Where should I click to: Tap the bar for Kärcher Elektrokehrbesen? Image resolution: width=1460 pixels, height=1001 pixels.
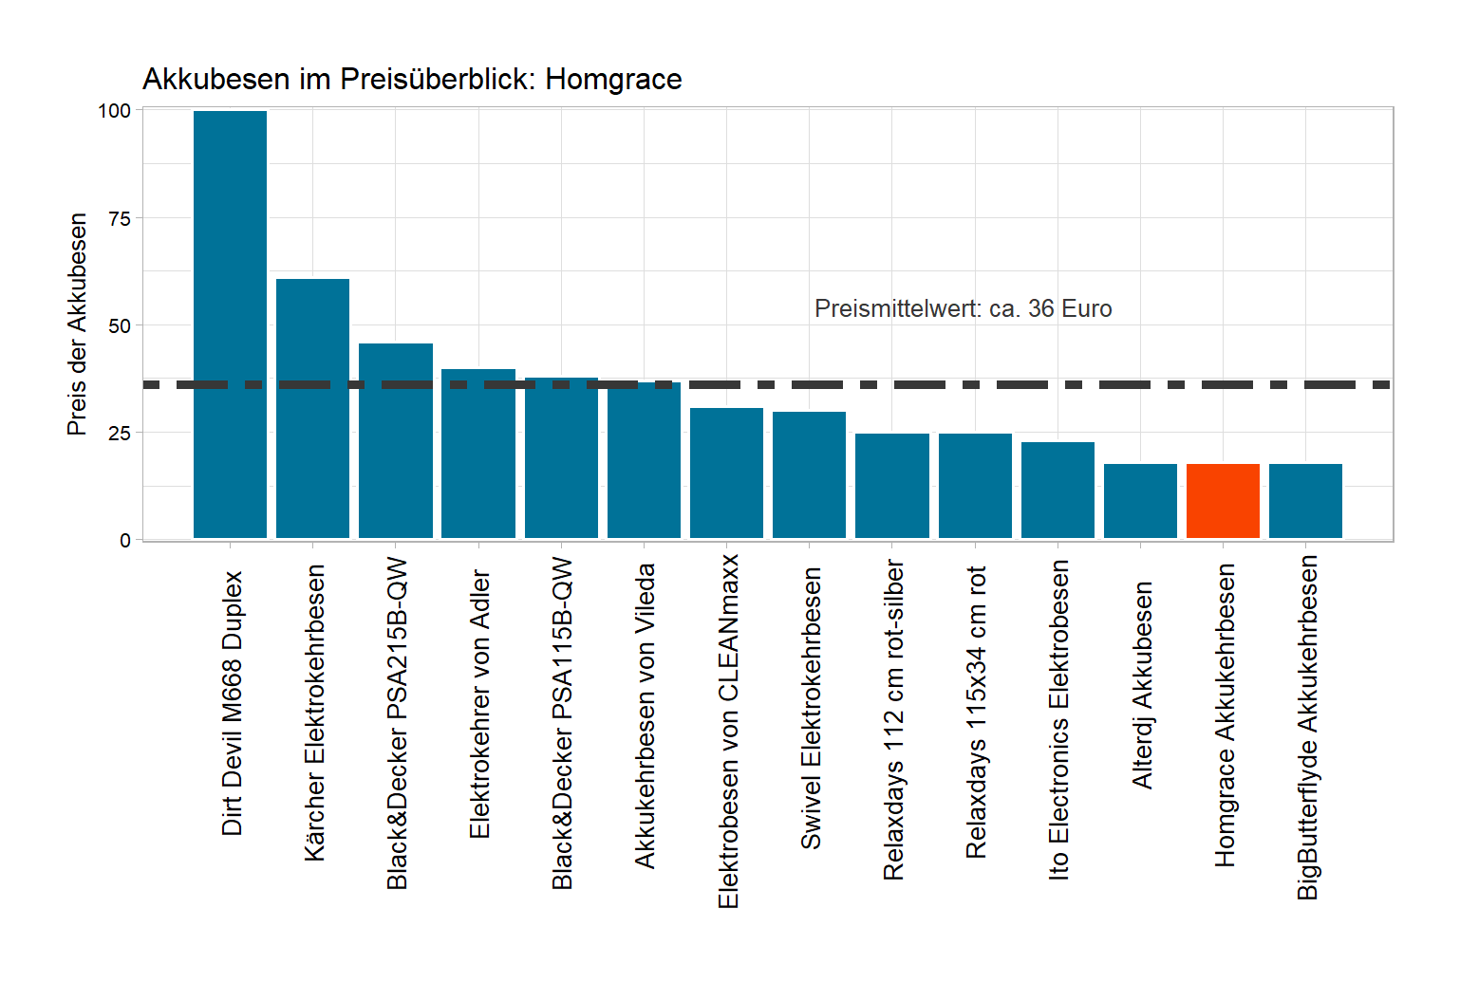pos(312,408)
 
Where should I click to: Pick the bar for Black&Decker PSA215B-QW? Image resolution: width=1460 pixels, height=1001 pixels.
pos(395,440)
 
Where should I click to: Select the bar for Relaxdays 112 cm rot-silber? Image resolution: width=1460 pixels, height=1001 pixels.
pos(891,486)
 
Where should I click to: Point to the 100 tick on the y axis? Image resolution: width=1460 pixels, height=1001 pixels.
pos(114,111)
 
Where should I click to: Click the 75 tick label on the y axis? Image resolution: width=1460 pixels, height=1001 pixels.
pos(120,218)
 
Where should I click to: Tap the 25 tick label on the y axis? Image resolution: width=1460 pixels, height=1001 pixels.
pos(120,434)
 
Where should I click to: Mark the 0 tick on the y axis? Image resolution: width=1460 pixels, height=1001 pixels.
pos(125,541)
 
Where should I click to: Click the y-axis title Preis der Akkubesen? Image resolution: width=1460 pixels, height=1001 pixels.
pos(77,324)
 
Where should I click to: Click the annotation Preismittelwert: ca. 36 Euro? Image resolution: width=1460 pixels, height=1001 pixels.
pos(963,308)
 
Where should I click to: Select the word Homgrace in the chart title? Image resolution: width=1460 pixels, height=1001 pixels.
pos(613,79)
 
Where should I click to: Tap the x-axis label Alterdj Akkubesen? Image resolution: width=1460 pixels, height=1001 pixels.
pos(1142,685)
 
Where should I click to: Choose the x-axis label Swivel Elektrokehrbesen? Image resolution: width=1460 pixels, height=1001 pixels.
pos(811,708)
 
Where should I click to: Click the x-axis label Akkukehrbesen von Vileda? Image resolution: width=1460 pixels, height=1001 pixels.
pos(646,715)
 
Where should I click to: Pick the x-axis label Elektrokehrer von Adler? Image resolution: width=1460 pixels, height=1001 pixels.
pos(479,704)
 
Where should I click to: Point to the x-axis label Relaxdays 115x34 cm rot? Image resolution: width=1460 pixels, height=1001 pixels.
pos(976,712)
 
